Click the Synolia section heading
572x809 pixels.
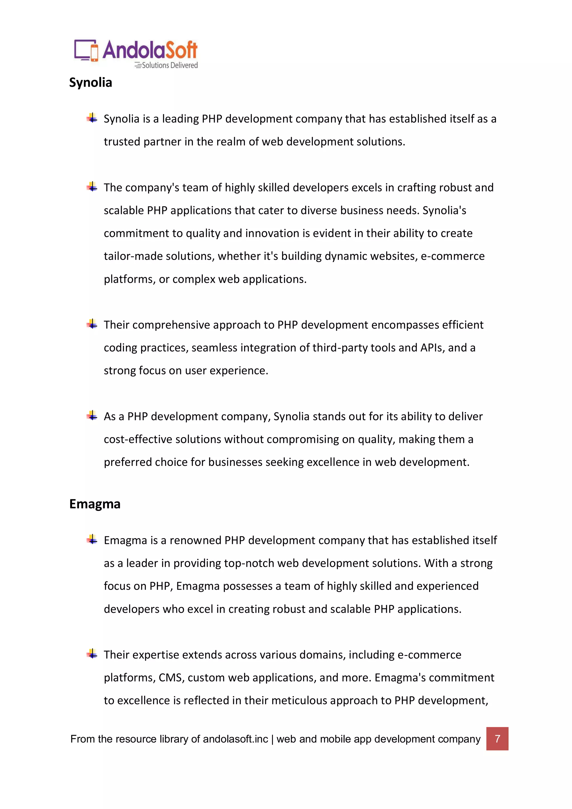tap(90, 83)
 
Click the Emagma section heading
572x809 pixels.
tap(95, 504)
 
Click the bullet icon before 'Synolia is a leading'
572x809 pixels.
tap(92, 118)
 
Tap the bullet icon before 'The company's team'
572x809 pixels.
tap(92, 187)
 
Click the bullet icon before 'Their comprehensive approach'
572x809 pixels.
tap(92, 324)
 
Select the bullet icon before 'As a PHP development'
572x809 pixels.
tap(92, 416)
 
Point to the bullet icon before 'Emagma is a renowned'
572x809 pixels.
tap(92, 539)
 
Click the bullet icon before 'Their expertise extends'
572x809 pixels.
tap(92, 654)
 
